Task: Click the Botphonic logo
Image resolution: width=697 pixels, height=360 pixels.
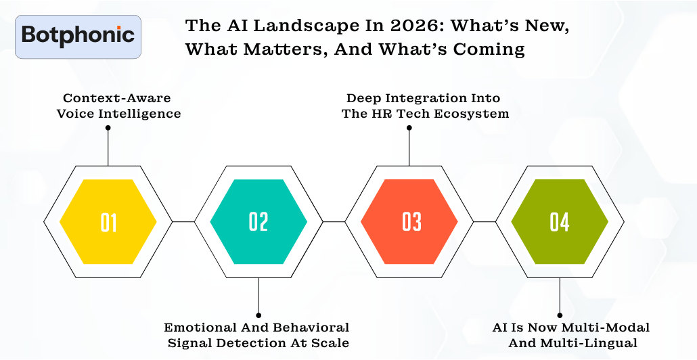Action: coord(78,36)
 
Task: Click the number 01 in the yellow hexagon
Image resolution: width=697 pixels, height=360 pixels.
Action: coord(108,222)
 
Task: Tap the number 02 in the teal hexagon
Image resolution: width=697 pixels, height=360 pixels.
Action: coord(258,222)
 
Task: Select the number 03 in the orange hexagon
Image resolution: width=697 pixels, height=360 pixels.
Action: coord(409,222)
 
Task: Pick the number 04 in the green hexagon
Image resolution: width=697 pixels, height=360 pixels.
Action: coord(560,222)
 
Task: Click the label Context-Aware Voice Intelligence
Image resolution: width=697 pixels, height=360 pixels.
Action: coord(119,106)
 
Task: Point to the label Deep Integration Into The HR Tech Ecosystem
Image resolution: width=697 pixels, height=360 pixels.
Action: coord(425,106)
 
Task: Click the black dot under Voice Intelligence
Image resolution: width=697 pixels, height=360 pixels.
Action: coord(108,127)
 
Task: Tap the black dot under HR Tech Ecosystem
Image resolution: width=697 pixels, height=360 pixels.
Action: coord(409,127)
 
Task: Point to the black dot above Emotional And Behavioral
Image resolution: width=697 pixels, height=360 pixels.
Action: coord(258,315)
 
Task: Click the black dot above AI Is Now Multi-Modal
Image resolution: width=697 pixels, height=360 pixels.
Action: coord(560,315)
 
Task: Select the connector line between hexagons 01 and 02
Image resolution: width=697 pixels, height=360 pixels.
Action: coord(183,221)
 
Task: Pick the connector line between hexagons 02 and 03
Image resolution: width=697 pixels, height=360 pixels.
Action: coord(334,221)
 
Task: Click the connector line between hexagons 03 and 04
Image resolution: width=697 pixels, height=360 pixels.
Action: coord(485,221)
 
